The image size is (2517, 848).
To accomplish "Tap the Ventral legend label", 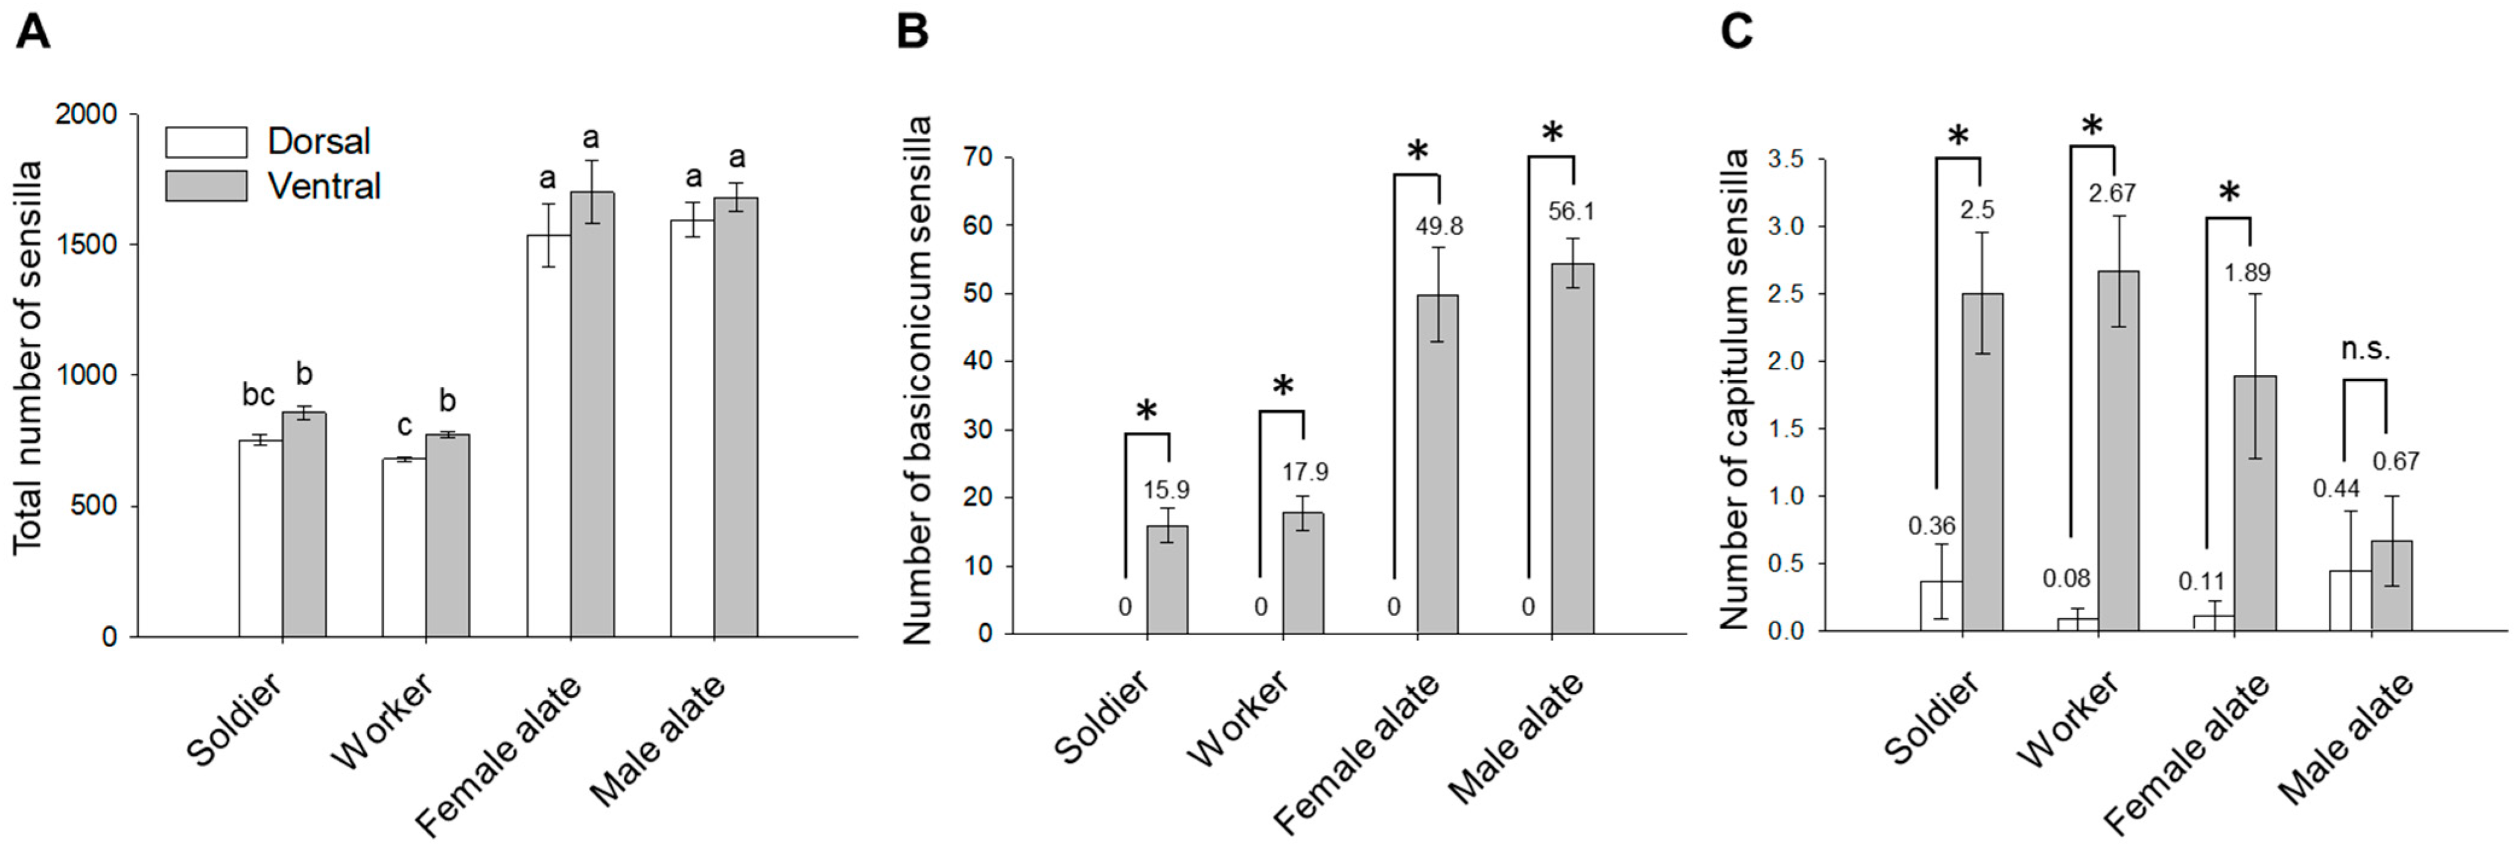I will tap(323, 186).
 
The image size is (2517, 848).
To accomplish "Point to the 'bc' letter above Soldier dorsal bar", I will tap(259, 396).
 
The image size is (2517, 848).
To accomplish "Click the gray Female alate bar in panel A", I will tap(592, 414).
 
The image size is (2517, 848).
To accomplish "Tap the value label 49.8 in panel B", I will tap(1439, 227).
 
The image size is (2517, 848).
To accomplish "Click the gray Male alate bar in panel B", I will tap(1572, 449).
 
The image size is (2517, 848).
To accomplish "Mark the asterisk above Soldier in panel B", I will tap(1146, 410).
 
